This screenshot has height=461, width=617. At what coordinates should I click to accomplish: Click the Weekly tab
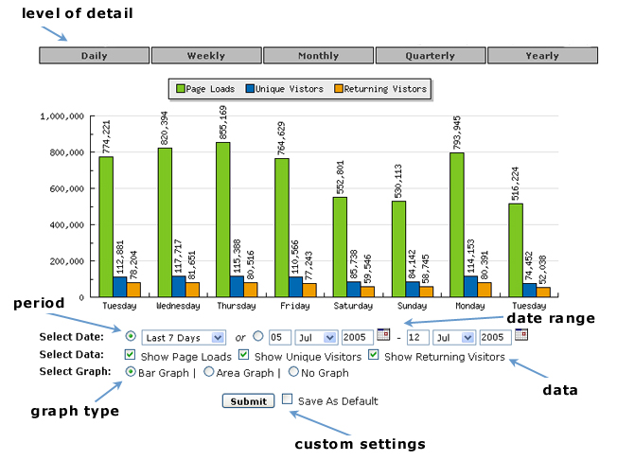click(x=206, y=56)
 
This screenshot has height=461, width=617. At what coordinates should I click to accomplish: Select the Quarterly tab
click(x=431, y=56)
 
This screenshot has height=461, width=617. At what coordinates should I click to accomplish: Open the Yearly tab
click(x=542, y=56)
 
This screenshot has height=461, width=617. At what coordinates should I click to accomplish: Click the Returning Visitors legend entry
click(x=386, y=89)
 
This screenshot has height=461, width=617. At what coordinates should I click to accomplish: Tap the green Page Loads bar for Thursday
click(x=222, y=219)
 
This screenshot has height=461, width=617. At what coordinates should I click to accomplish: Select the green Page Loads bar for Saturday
click(x=340, y=246)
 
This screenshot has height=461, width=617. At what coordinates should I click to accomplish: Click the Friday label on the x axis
click(x=294, y=306)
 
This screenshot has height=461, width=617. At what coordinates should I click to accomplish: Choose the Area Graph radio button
click(x=210, y=372)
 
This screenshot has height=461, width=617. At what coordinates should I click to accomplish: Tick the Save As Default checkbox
click(x=288, y=399)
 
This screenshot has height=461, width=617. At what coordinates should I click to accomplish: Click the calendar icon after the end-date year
click(x=520, y=335)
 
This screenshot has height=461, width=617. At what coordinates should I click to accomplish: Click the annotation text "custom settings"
click(x=360, y=443)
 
